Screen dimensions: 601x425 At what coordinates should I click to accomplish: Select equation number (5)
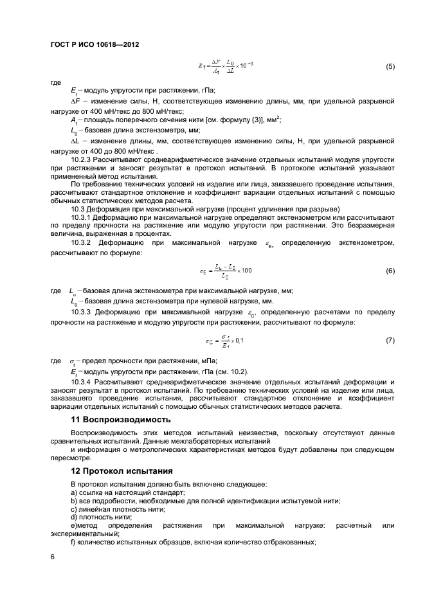click(390, 67)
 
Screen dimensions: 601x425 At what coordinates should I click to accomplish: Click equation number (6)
click(390, 271)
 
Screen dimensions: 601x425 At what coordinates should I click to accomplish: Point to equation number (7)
click(390, 339)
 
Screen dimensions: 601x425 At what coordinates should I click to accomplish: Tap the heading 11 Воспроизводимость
click(120, 419)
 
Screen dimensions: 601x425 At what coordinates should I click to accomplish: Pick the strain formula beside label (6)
click(229, 271)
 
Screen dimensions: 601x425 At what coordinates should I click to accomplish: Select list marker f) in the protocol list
click(73, 542)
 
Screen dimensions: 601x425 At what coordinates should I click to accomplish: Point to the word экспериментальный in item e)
click(86, 534)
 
